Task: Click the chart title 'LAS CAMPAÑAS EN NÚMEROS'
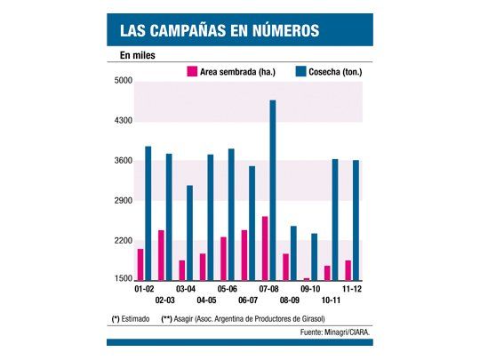click(x=219, y=31)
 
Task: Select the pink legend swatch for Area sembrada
click(x=191, y=71)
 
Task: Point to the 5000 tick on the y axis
click(x=123, y=82)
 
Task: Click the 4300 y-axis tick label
click(x=123, y=122)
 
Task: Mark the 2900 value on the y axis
click(x=123, y=202)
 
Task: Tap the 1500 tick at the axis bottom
click(x=123, y=280)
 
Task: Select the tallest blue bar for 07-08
click(x=273, y=190)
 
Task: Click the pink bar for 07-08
click(x=265, y=248)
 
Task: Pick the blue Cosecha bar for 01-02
click(x=148, y=213)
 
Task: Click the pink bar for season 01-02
click(x=140, y=264)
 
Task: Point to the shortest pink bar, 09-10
click(x=307, y=279)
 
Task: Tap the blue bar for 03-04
click(x=189, y=232)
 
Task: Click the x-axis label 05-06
click(x=227, y=290)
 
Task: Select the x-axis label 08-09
click(x=290, y=301)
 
